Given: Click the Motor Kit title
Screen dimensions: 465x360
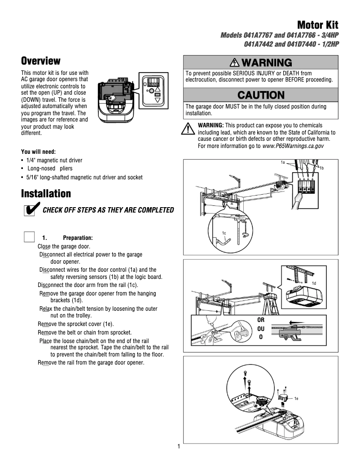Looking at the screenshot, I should (x=317, y=25).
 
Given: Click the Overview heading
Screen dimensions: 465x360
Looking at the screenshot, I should (x=41, y=61).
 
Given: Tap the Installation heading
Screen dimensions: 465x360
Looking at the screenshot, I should (x=46, y=194).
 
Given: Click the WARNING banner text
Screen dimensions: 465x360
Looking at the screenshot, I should (x=261, y=62).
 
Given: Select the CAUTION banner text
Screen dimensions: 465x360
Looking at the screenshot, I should (x=261, y=95).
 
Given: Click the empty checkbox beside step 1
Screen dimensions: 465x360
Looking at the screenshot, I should (x=29, y=237).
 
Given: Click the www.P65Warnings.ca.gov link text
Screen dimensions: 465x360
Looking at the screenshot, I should (x=293, y=146).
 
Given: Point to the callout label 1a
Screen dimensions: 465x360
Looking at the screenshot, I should (x=283, y=162).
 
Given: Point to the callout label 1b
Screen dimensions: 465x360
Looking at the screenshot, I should (x=322, y=167).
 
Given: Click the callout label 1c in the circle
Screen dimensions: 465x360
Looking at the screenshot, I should (x=223, y=233).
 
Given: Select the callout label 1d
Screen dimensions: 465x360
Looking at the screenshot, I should (x=314, y=283).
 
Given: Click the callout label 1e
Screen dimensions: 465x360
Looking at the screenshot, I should (x=297, y=398).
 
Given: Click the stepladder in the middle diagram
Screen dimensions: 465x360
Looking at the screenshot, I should (x=270, y=300).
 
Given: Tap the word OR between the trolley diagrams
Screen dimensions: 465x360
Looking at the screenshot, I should (x=261, y=320).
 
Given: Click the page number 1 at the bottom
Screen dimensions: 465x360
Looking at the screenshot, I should (x=178, y=447).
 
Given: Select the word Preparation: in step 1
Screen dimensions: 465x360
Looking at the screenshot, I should (x=78, y=238).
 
